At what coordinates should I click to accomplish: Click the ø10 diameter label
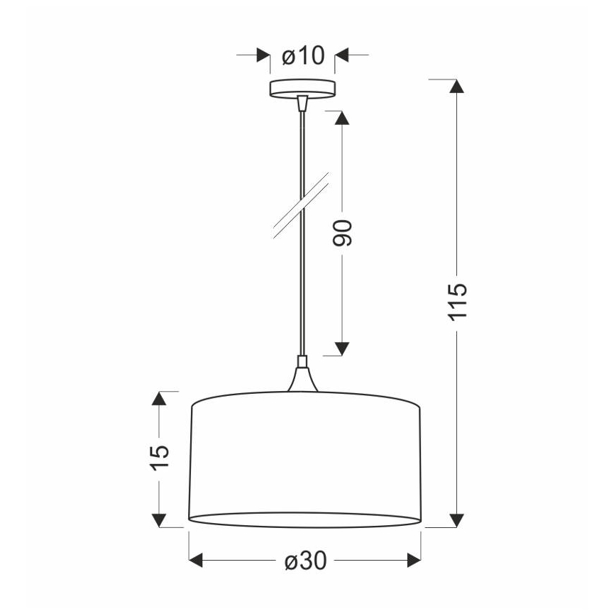[x=303, y=55]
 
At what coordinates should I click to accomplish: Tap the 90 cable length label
[x=343, y=233]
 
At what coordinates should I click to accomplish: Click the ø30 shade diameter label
[x=306, y=561]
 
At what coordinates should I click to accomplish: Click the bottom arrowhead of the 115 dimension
[x=458, y=520]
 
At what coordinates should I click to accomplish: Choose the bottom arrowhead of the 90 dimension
[x=343, y=348]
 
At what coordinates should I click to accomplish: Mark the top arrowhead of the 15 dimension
[x=160, y=400]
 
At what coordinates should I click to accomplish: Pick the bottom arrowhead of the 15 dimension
[x=160, y=519]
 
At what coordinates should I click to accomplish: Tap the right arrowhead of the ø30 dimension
[x=413, y=561]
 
